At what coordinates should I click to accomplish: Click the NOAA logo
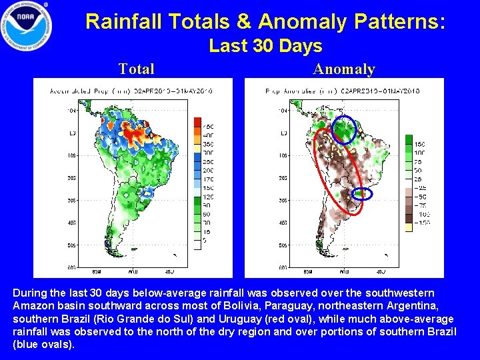tap(27, 26)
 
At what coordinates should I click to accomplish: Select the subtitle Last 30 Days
tap(265, 46)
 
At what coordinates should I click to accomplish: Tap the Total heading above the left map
tap(136, 69)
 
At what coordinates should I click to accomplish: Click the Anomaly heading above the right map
tap(344, 69)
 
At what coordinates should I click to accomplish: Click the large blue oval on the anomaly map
tap(344, 129)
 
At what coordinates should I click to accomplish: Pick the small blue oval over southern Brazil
tap(361, 194)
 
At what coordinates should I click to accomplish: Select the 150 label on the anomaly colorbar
tap(420, 144)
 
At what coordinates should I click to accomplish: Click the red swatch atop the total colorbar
tap(197, 122)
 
